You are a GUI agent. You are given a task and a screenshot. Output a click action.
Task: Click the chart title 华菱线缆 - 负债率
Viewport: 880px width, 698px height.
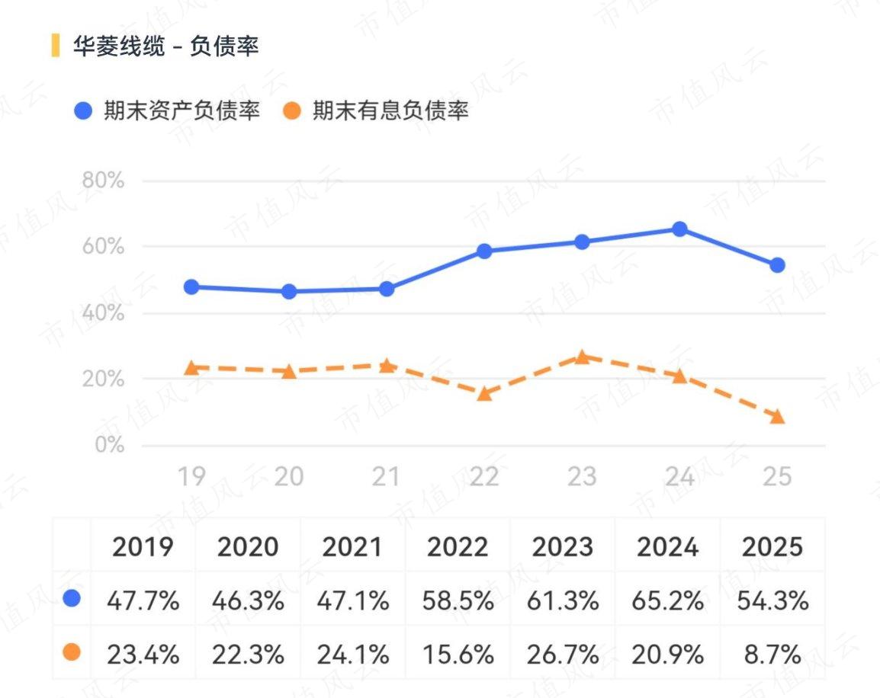click(165, 46)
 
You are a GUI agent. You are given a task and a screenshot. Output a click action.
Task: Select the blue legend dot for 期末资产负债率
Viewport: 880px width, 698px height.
click(83, 110)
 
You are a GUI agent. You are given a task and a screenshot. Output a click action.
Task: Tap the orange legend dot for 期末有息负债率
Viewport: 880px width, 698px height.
click(292, 110)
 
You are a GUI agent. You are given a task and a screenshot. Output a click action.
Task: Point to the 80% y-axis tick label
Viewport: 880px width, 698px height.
click(103, 180)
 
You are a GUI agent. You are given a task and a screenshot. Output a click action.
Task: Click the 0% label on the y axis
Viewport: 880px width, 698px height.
click(110, 444)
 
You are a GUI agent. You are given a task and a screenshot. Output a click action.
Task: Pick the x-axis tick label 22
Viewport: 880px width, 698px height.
click(483, 476)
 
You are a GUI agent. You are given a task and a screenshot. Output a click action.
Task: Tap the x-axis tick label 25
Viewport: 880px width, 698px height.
click(777, 476)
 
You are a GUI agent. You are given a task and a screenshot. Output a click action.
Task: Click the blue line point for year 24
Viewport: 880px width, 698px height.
click(679, 229)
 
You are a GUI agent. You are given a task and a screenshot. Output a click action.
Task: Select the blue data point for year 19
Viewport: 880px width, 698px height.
click(191, 287)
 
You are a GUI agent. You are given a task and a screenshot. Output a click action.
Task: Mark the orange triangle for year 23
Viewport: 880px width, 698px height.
click(582, 357)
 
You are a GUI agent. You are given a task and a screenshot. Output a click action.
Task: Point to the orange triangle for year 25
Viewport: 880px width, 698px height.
click(777, 417)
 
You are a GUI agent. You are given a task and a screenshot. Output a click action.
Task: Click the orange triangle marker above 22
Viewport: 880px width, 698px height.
click(484, 394)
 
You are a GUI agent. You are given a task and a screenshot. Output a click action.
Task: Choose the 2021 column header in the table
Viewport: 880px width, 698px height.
click(352, 546)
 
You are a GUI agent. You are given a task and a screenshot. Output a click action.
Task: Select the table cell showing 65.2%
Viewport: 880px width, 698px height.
click(667, 601)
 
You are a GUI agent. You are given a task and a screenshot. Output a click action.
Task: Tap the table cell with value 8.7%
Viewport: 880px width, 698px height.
click(772, 655)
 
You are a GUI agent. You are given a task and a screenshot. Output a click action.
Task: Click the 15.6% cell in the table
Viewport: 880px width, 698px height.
click(458, 655)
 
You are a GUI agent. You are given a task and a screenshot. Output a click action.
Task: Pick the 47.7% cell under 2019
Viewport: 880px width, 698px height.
click(143, 601)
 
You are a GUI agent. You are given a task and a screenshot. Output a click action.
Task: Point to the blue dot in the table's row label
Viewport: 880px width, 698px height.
click(72, 598)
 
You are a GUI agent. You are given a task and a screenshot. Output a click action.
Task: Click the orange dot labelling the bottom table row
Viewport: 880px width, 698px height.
click(72, 652)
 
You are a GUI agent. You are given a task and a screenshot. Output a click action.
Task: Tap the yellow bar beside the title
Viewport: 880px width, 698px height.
click(55, 46)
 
